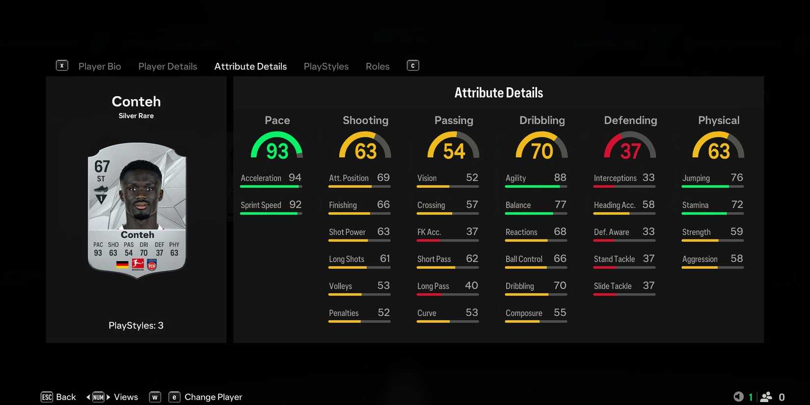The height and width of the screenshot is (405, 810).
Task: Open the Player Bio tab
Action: (x=100, y=66)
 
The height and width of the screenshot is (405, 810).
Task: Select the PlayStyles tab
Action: (x=326, y=66)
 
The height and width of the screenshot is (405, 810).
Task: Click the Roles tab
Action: (x=378, y=66)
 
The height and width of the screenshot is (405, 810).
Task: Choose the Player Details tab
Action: (x=167, y=66)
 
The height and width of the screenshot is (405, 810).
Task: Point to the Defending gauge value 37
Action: (x=630, y=151)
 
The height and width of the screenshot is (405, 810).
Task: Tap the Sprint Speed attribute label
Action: (x=261, y=205)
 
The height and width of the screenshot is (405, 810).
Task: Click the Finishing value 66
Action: (x=383, y=205)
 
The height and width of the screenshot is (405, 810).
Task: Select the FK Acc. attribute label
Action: (x=429, y=232)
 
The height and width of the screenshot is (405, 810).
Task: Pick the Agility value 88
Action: (x=560, y=178)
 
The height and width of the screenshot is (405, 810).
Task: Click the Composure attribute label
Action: (x=524, y=313)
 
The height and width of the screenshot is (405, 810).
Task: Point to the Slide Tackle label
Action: (x=613, y=286)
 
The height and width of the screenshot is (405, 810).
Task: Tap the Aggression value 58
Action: (x=737, y=259)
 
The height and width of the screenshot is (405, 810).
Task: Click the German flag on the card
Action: (x=122, y=265)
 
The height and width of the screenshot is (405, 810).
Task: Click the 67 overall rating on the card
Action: (x=102, y=166)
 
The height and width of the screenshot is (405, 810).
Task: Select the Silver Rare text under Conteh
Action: (x=136, y=116)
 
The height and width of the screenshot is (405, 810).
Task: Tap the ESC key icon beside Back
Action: (x=47, y=397)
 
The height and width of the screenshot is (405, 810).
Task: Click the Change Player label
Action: (x=213, y=397)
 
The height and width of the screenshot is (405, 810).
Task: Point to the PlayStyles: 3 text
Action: (x=136, y=325)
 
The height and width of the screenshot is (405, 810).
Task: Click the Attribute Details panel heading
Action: (x=498, y=93)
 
